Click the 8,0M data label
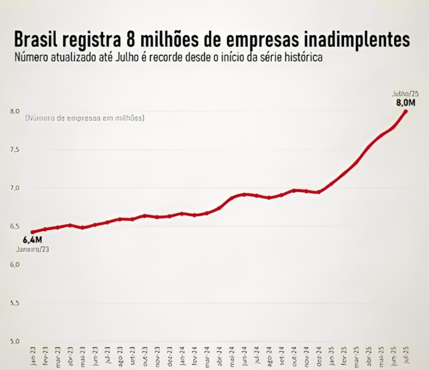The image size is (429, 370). [x=406, y=102]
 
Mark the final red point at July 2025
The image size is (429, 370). [x=406, y=111]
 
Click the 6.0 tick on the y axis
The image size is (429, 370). [x=15, y=265]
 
